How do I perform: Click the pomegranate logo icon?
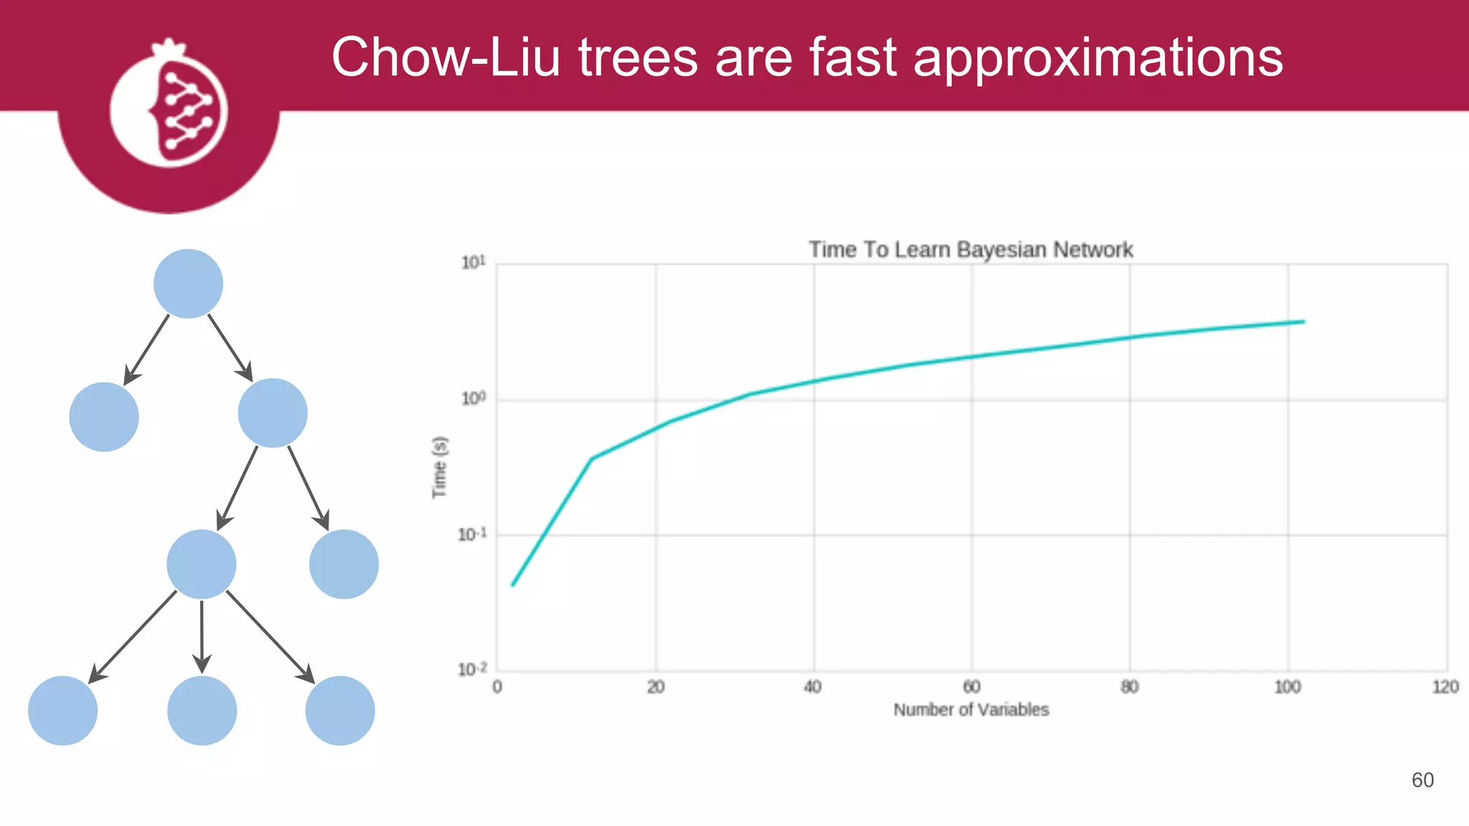[x=169, y=108]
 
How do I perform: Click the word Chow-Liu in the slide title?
[x=445, y=57]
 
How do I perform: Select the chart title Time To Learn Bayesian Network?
[x=970, y=250]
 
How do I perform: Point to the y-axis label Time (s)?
[x=440, y=467]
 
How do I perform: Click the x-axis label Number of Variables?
[x=970, y=710]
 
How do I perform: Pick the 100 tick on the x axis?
[x=1288, y=687]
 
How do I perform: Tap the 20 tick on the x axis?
[x=656, y=687]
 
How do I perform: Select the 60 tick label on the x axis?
[x=971, y=687]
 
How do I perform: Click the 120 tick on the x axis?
[x=1445, y=687]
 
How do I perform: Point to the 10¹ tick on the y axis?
[x=473, y=263]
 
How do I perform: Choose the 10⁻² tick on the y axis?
[x=472, y=670]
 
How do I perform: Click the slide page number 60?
[x=1422, y=780]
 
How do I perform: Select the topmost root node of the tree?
[x=188, y=284]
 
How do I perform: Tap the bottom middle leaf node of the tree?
[x=202, y=711]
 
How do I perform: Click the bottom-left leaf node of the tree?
[x=63, y=711]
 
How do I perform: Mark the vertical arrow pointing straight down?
[x=202, y=636]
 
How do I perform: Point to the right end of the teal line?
[x=1303, y=322]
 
